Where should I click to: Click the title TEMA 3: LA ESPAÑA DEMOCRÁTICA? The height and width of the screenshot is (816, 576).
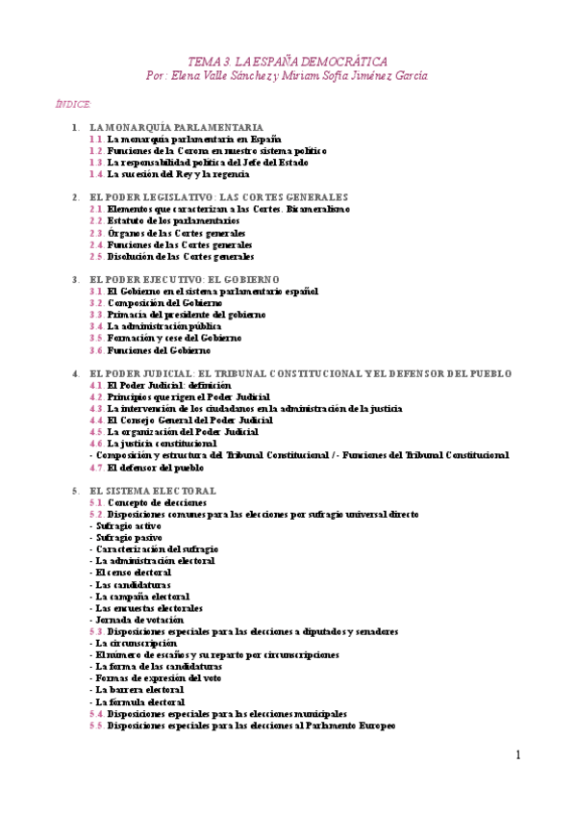pos(288,59)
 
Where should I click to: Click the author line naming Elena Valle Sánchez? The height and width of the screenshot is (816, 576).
pos(288,74)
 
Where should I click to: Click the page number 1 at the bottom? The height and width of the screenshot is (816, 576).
pos(517,755)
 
